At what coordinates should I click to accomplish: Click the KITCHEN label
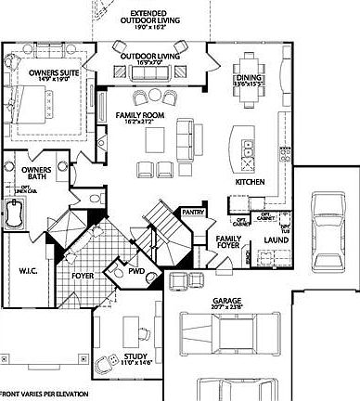(251, 182)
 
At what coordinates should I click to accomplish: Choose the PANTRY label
(193, 212)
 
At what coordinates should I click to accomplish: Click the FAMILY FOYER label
(228, 242)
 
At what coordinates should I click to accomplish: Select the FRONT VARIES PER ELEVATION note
(41, 395)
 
